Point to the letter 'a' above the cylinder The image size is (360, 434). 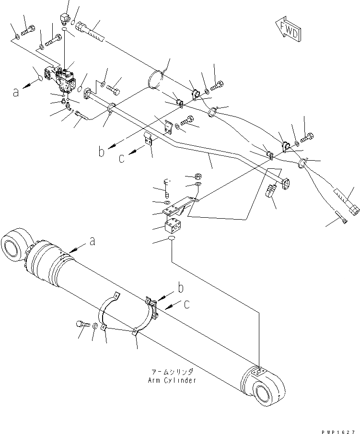[x=93, y=243]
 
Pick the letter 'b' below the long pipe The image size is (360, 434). [x=101, y=152]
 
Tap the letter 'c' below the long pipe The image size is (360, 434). [x=122, y=158]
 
